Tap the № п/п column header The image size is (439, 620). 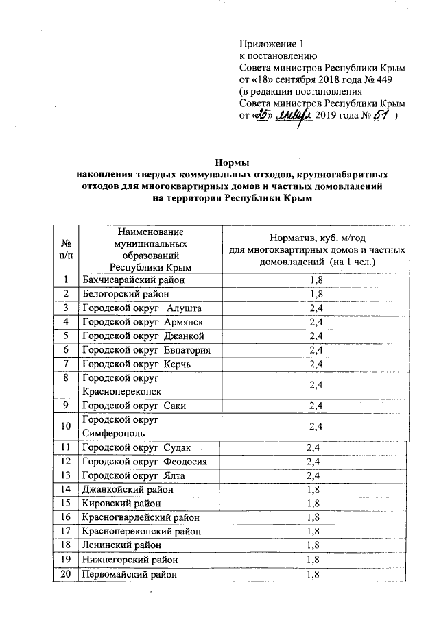pyautogui.click(x=66, y=250)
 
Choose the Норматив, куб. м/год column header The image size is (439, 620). pyautogui.click(x=316, y=250)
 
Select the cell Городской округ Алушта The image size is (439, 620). pyautogui.click(x=142, y=308)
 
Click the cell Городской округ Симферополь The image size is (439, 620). pyautogui.click(x=121, y=427)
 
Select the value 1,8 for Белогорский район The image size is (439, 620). pyautogui.click(x=316, y=295)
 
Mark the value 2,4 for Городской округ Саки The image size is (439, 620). pyautogui.click(x=316, y=406)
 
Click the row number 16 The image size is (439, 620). pyautogui.click(x=66, y=517)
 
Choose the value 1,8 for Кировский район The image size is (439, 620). pyautogui.click(x=313, y=503)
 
